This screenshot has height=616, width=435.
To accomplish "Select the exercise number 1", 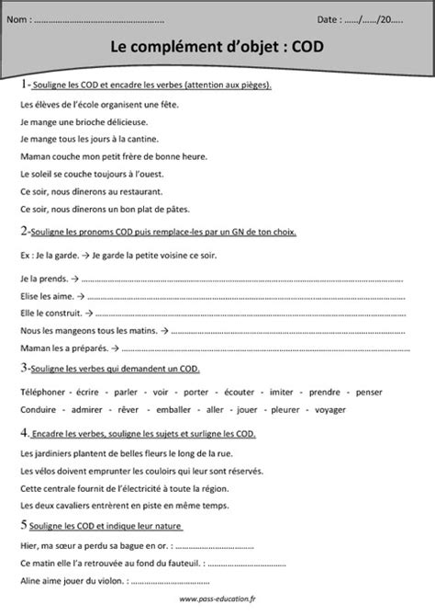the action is pos(23,86).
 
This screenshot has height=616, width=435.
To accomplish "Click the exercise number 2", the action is pos(23,234).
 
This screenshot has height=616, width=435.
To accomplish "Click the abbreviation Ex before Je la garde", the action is pos(24,254).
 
